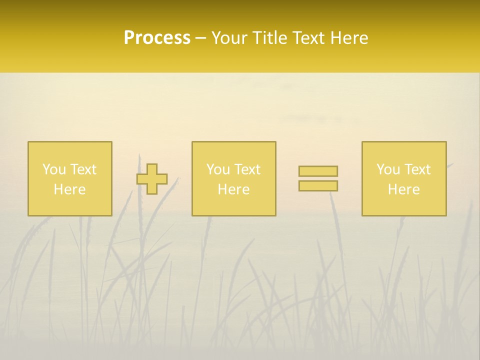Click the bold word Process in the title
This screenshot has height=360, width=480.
coord(157,38)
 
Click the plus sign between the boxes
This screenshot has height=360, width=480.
coord(152,179)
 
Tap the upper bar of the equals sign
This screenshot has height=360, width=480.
coord(318,171)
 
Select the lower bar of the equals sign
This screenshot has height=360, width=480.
coord(318,186)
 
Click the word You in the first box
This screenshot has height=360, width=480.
coord(53,169)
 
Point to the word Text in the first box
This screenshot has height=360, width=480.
coord(82,169)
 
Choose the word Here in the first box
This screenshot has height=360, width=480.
coord(69,189)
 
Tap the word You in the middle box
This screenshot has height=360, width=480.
coord(218,169)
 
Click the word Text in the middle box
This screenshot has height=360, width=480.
coord(247,169)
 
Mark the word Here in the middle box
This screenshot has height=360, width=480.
coord(233,189)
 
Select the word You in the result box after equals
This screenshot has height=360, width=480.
coord(388,169)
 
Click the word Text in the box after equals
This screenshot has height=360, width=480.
coord(417,169)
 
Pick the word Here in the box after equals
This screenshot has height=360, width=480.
coord(403,189)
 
